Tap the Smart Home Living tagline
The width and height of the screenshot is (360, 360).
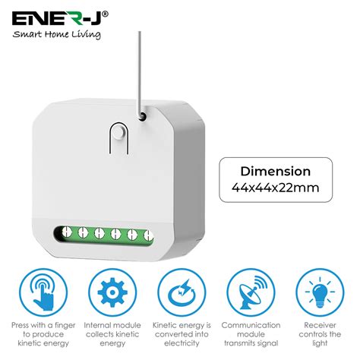(54, 34)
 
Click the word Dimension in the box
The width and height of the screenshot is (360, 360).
(276, 172)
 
